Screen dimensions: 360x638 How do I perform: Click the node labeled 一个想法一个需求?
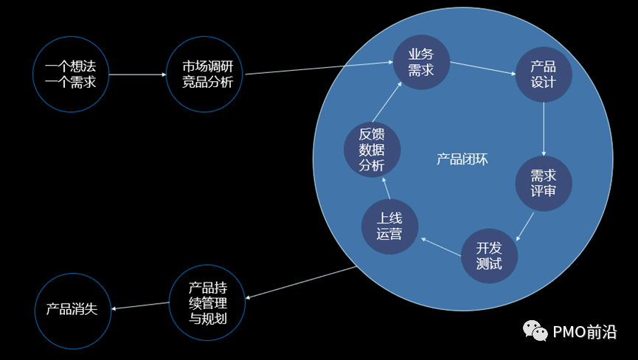(71, 75)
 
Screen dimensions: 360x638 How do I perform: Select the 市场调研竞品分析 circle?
(207, 75)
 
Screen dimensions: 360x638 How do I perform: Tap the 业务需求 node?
(420, 62)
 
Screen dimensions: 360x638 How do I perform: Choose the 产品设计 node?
(544, 74)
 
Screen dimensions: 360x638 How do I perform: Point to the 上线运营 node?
(389, 226)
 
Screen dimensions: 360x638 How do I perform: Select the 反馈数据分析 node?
(372, 150)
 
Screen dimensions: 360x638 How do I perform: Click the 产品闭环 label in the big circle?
(462, 159)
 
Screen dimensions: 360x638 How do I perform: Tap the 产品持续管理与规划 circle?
(207, 303)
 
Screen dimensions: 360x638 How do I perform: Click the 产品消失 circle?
(72, 309)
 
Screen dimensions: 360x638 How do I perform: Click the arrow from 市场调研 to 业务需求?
(317, 69)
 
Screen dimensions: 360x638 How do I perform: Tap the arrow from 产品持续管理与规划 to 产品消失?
(140, 305)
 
